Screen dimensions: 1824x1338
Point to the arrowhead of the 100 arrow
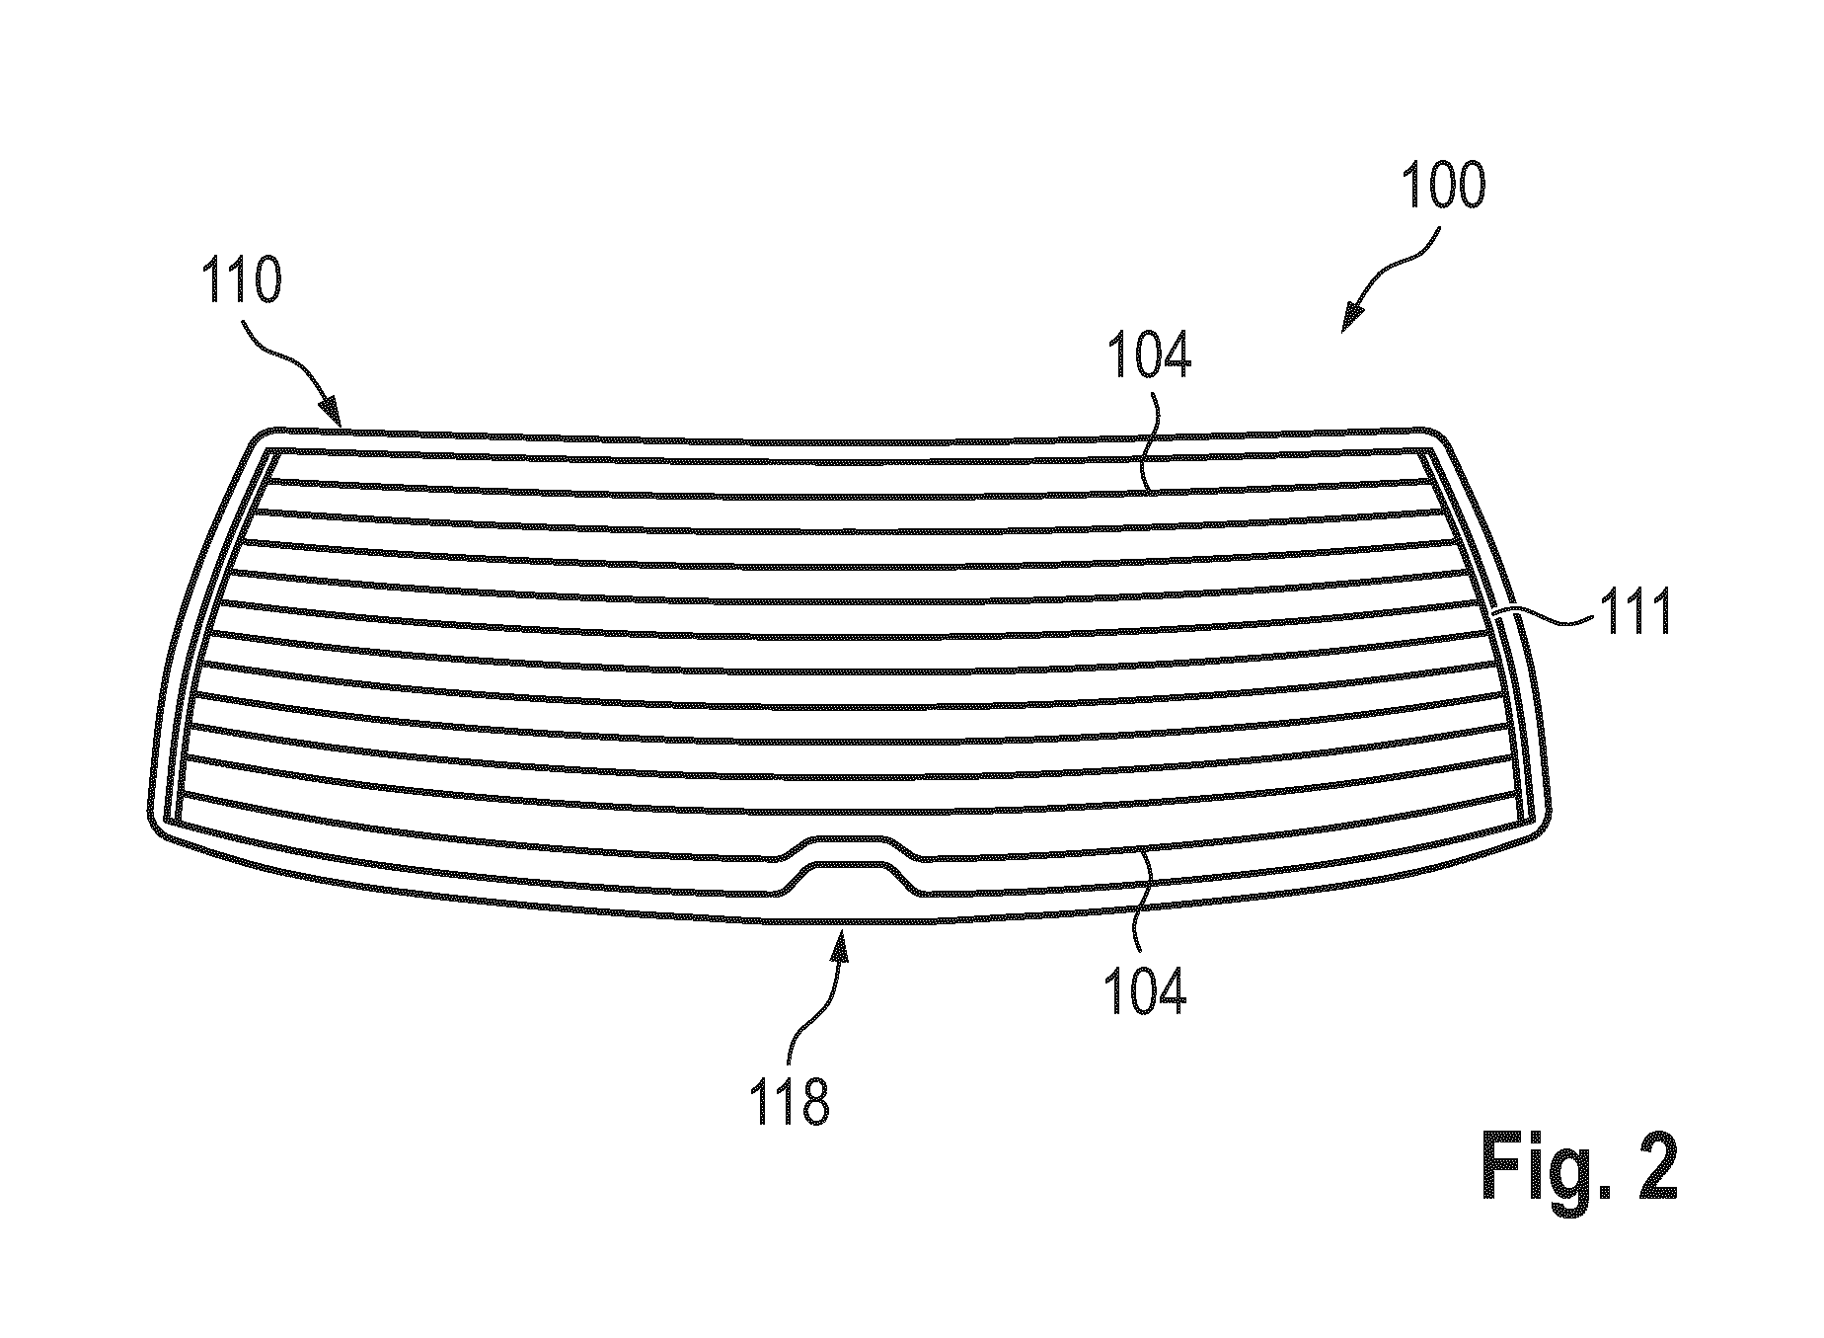point(1348,321)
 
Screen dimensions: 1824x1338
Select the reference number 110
point(241,280)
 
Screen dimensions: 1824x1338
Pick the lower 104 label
point(1145,990)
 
